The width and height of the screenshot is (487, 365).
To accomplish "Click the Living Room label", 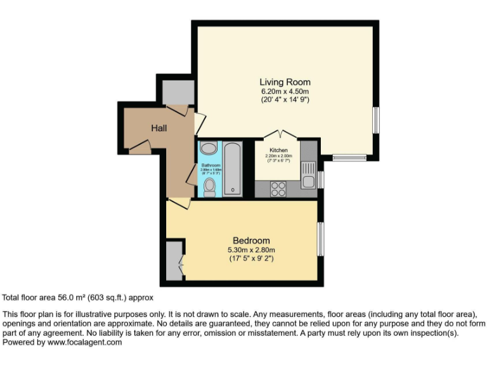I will pyautogui.click(x=285, y=82).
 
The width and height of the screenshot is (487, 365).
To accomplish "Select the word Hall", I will pyautogui.click(x=159, y=128).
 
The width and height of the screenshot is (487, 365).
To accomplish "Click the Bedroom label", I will pyautogui.click(x=251, y=240).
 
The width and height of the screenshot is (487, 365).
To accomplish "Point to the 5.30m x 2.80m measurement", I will pyautogui.click(x=251, y=250).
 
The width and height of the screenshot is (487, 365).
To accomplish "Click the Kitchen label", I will pyautogui.click(x=278, y=150).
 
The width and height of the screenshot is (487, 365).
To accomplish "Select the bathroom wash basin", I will pyautogui.click(x=208, y=149).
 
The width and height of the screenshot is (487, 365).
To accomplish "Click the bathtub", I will pyautogui.click(x=232, y=169).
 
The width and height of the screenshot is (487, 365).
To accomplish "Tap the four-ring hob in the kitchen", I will pyautogui.click(x=278, y=188).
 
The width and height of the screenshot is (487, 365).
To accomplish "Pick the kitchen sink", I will pyautogui.click(x=308, y=175).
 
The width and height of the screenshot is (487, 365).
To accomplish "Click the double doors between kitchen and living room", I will pyautogui.click(x=280, y=134).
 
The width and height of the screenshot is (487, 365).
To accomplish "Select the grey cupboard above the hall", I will pyautogui.click(x=178, y=93).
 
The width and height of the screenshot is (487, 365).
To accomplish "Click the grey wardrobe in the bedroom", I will pyautogui.click(x=174, y=260).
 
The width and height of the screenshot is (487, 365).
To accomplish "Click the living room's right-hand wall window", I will pyautogui.click(x=375, y=120).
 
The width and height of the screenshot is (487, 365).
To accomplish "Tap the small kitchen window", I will pyautogui.click(x=321, y=179).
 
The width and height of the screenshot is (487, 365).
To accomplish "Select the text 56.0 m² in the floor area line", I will pyautogui.click(x=67, y=297).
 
